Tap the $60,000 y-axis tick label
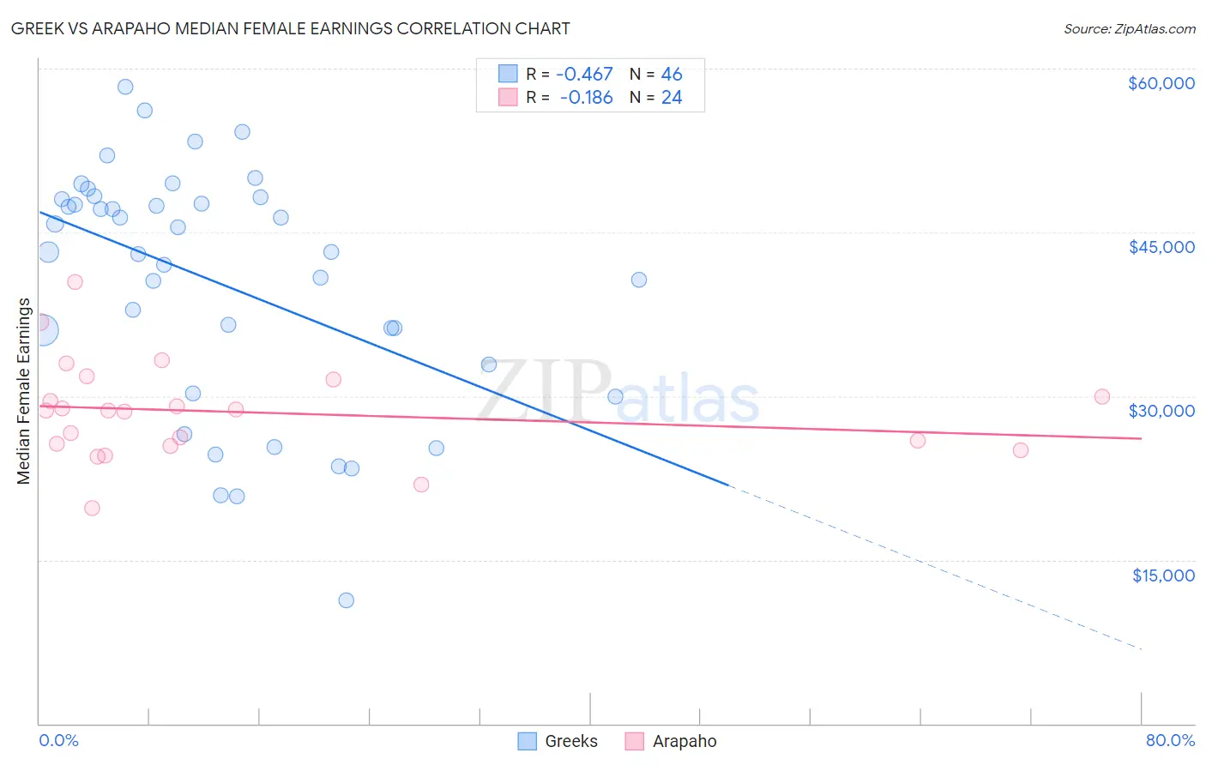click(1161, 83)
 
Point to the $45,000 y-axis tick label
click(1161, 247)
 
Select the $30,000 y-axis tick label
click(1161, 411)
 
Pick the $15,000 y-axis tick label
click(1162, 575)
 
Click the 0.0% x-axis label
click(58, 740)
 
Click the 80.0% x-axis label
click(1170, 740)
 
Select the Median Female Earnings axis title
click(24, 391)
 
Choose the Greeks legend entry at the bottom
click(558, 741)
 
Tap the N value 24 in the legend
click(672, 98)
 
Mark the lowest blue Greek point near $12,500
click(347, 600)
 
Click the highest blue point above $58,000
click(125, 87)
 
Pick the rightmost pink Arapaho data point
click(1102, 396)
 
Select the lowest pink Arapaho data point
click(92, 508)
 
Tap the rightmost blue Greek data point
click(639, 280)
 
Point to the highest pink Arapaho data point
click(75, 281)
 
